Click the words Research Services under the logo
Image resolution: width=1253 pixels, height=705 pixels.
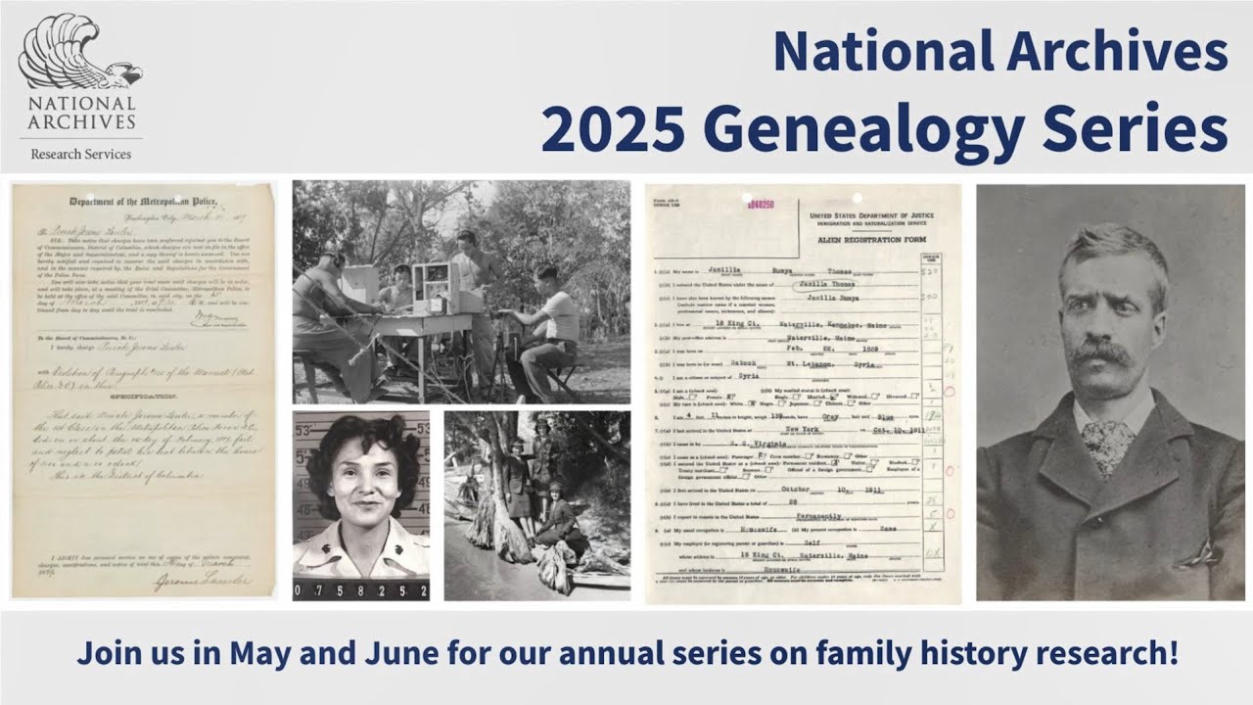click(80, 154)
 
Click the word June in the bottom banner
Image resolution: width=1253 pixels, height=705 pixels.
click(377, 654)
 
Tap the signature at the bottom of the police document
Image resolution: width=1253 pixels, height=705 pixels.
click(201, 580)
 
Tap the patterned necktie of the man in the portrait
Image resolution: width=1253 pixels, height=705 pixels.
click(1107, 442)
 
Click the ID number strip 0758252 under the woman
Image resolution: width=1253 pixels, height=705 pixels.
click(360, 590)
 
